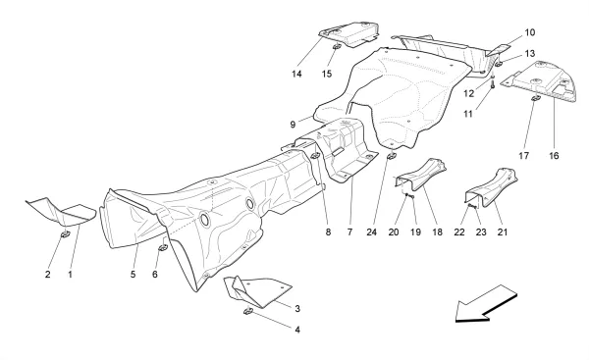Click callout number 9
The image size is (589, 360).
tap(293, 125)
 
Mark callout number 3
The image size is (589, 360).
tap(296, 307)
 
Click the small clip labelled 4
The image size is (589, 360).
tap(248, 312)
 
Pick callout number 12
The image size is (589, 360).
tap(469, 94)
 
